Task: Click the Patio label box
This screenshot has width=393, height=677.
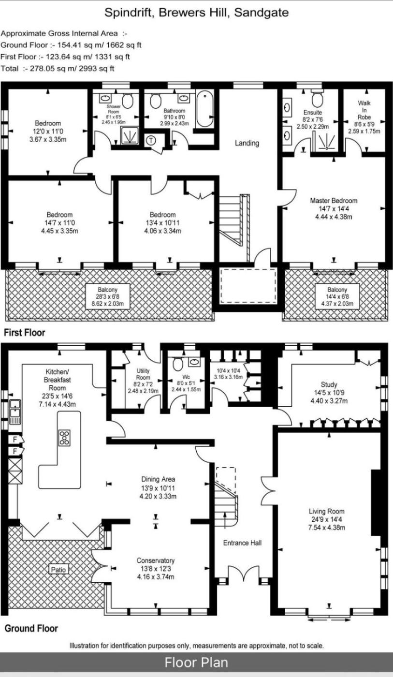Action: pos(58,570)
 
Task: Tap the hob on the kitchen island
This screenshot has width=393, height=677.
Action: pos(64,438)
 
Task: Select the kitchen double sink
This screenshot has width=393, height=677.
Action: pos(15,411)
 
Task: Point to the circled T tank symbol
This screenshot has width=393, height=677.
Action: pos(151,140)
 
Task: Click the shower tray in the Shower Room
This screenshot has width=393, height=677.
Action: pos(130,135)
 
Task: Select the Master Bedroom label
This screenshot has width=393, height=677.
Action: pos(334,200)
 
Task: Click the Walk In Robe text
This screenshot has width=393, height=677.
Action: pos(364,110)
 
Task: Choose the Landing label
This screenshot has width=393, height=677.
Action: pos(247,143)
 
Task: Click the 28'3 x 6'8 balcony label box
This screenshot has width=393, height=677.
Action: pos(107,296)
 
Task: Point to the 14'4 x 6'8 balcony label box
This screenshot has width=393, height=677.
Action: pos(337,296)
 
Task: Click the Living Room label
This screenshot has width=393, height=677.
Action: pos(326,511)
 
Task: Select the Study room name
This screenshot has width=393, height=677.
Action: pos(329,384)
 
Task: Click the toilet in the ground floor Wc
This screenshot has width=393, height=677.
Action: pos(177,364)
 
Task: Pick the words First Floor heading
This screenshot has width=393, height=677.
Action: pos(25,333)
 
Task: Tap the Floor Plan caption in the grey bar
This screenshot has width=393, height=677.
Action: pos(196,662)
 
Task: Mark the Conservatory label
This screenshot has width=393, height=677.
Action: pos(156,560)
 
